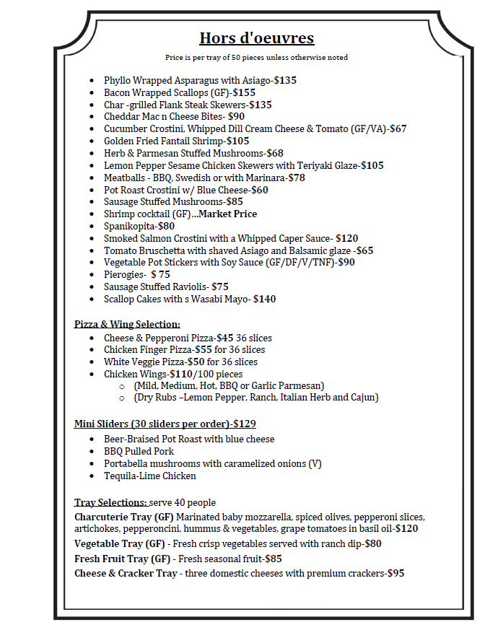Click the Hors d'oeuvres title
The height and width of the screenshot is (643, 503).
point(256,38)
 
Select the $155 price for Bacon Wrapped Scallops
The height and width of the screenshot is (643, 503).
point(243,92)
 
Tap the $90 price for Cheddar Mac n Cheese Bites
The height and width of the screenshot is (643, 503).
point(236,116)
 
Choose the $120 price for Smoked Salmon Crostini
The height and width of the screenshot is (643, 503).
point(347,238)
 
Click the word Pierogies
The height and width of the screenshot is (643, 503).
point(124,274)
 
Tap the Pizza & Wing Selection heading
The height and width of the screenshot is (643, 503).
point(127,324)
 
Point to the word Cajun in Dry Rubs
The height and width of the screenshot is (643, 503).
point(364,397)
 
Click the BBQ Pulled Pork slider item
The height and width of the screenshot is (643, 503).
point(139,451)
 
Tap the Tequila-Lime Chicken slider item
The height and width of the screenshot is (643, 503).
point(149,476)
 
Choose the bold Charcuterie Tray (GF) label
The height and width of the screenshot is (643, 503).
point(124,517)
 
